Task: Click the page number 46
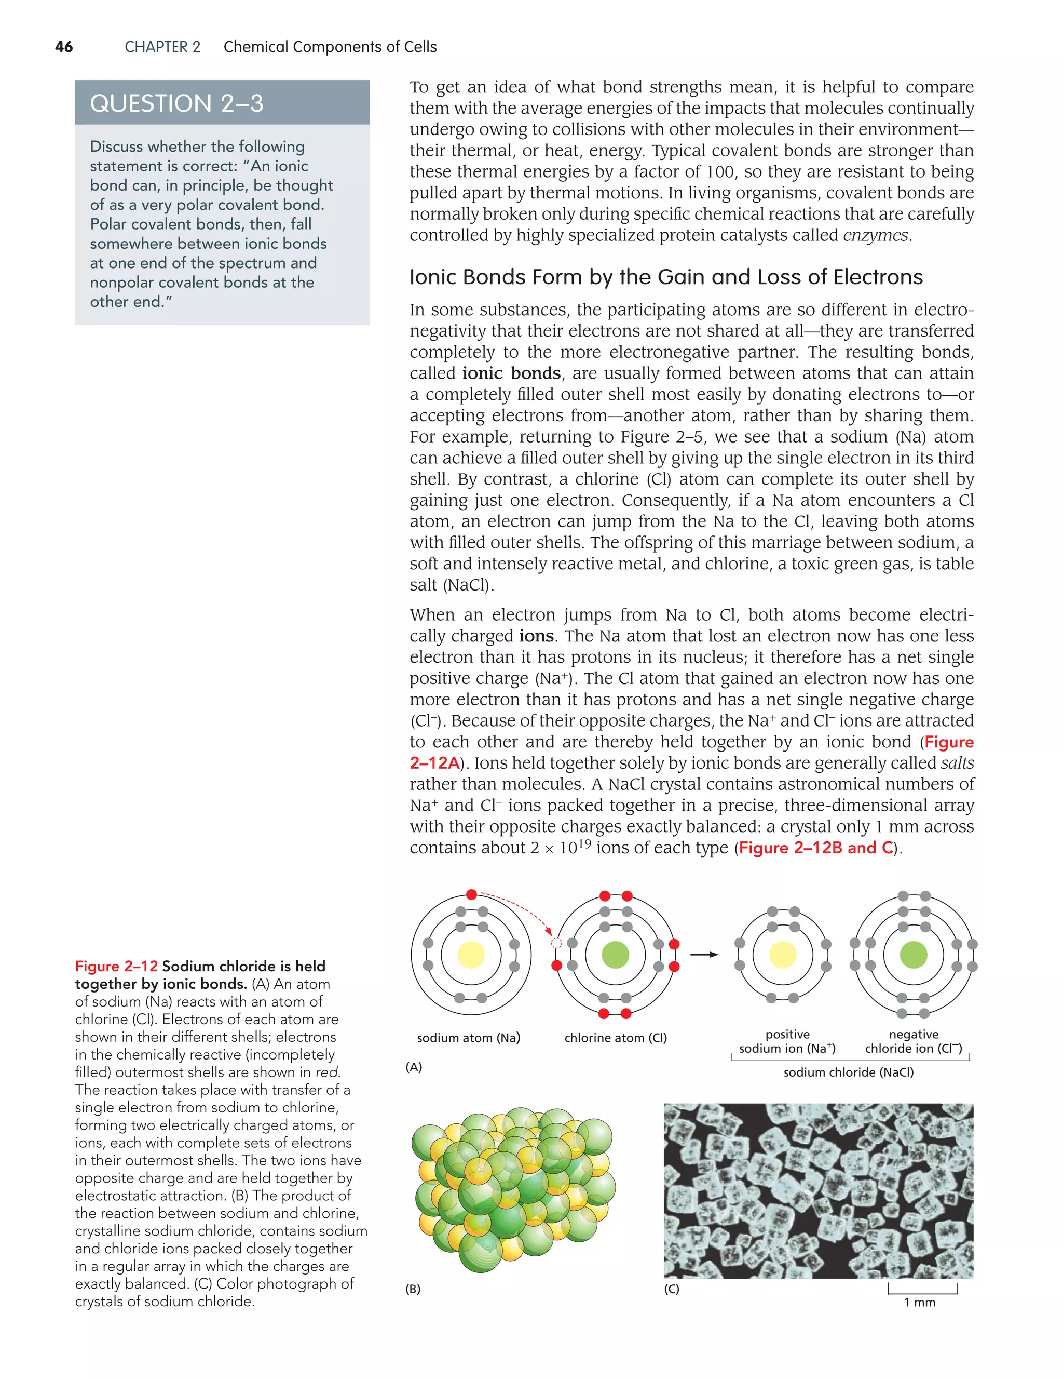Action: tap(64, 47)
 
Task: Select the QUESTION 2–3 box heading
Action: tap(176, 103)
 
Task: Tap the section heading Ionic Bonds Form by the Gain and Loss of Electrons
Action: tap(665, 277)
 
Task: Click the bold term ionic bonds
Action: tap(511, 373)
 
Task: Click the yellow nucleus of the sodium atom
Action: tap(471, 955)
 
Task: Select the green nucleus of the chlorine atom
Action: tap(615, 955)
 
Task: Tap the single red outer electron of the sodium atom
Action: tap(471, 894)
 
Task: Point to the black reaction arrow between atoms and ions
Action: tap(703, 954)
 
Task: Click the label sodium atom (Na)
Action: tap(468, 1038)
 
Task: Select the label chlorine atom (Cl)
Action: tap(615, 1038)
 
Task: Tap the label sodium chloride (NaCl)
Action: tap(848, 1072)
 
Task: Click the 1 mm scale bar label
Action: tap(920, 1302)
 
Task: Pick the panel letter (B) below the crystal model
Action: tap(413, 1289)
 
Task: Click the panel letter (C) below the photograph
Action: tap(671, 1289)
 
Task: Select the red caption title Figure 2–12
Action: tap(116, 966)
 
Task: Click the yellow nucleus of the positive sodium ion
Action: tap(782, 955)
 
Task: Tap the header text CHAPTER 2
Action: tap(162, 47)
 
